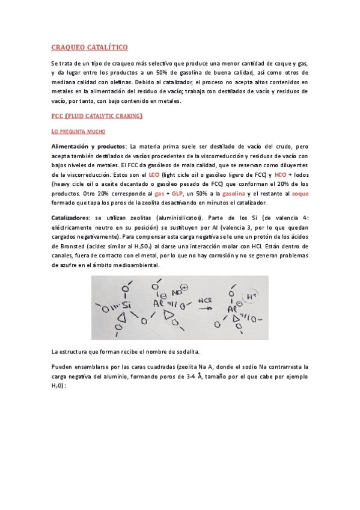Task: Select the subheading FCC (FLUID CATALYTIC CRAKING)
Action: (97, 115)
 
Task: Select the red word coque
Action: (300, 194)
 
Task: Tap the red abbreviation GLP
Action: (178, 194)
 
